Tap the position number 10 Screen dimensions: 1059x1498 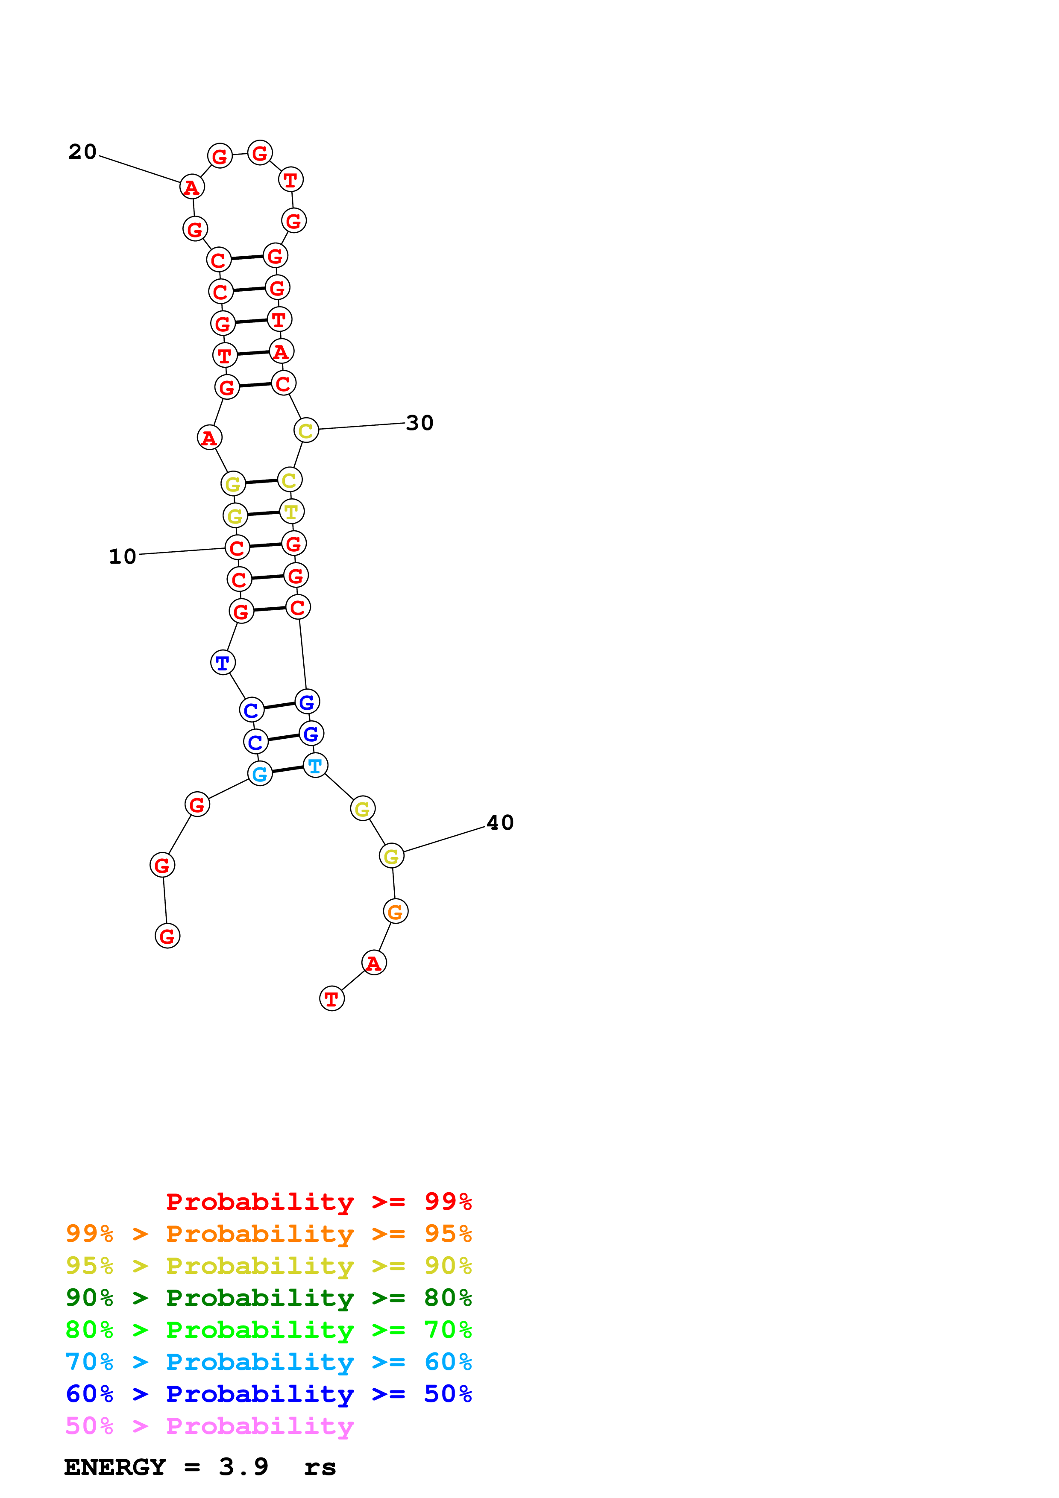click(x=122, y=556)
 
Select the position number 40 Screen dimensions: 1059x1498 click(x=501, y=823)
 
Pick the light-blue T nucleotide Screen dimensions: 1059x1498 click(x=316, y=765)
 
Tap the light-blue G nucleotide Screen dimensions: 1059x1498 click(x=260, y=774)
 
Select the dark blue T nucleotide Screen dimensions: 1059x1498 click(x=223, y=663)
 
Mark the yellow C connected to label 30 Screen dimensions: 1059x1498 click(x=306, y=430)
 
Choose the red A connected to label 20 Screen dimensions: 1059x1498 click(x=192, y=187)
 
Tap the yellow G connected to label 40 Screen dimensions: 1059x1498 click(x=391, y=856)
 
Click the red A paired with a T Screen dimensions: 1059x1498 click(x=281, y=352)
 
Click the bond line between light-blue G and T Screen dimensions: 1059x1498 click(x=288, y=770)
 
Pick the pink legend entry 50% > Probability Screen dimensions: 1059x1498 click(x=209, y=1426)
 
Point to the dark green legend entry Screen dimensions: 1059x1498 click(x=268, y=1298)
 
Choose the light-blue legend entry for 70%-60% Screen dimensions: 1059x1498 click(x=268, y=1362)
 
